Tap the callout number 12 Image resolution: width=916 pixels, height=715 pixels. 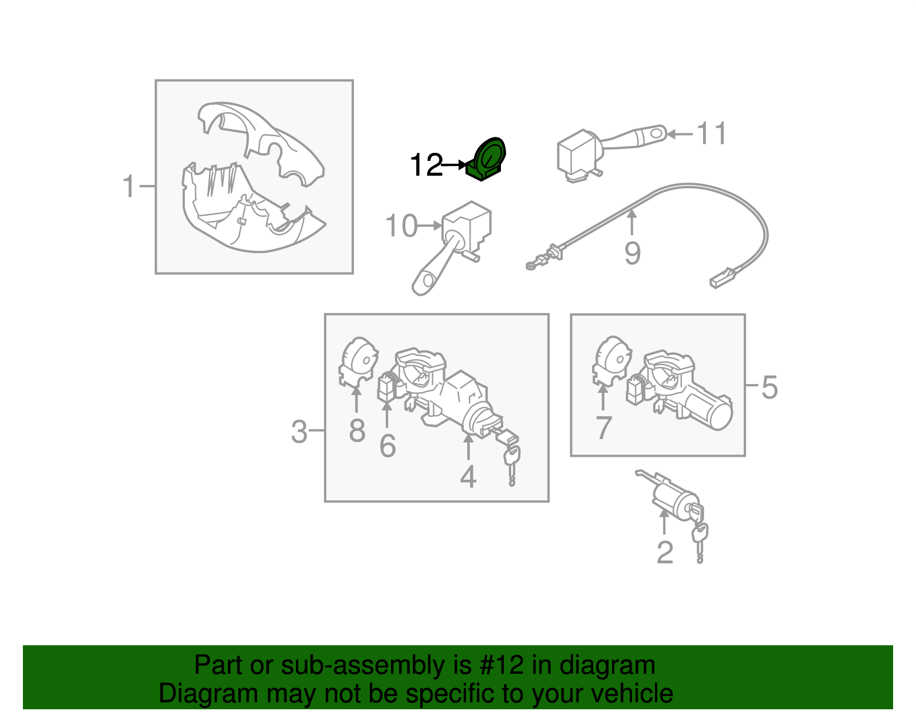426,165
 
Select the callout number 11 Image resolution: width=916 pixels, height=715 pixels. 711,133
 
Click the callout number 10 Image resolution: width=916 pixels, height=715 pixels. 401,226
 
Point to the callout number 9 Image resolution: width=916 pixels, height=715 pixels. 632,252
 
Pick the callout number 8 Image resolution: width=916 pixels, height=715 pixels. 357,430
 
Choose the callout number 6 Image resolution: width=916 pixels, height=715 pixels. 388,446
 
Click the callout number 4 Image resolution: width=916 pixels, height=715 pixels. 468,476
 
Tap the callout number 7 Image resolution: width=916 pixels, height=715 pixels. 603,428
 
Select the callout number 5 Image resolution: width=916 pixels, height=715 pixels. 769,387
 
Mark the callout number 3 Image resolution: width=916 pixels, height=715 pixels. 299,432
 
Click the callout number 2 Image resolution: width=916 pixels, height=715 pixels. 664,552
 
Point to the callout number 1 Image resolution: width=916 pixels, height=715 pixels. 129,187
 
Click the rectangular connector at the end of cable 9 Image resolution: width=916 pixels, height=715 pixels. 721,279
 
